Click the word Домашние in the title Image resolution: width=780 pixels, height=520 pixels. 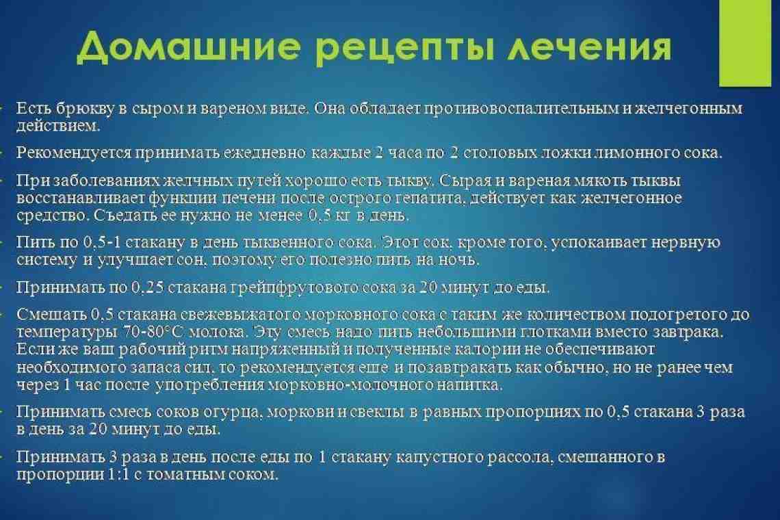click(189, 47)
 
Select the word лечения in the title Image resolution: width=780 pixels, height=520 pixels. click(590, 47)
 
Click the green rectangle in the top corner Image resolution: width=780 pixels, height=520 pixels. click(745, 43)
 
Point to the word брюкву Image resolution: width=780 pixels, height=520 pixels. click(85, 109)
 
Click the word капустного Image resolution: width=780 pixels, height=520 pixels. click(439, 458)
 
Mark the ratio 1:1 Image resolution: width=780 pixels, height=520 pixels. click(118, 474)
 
